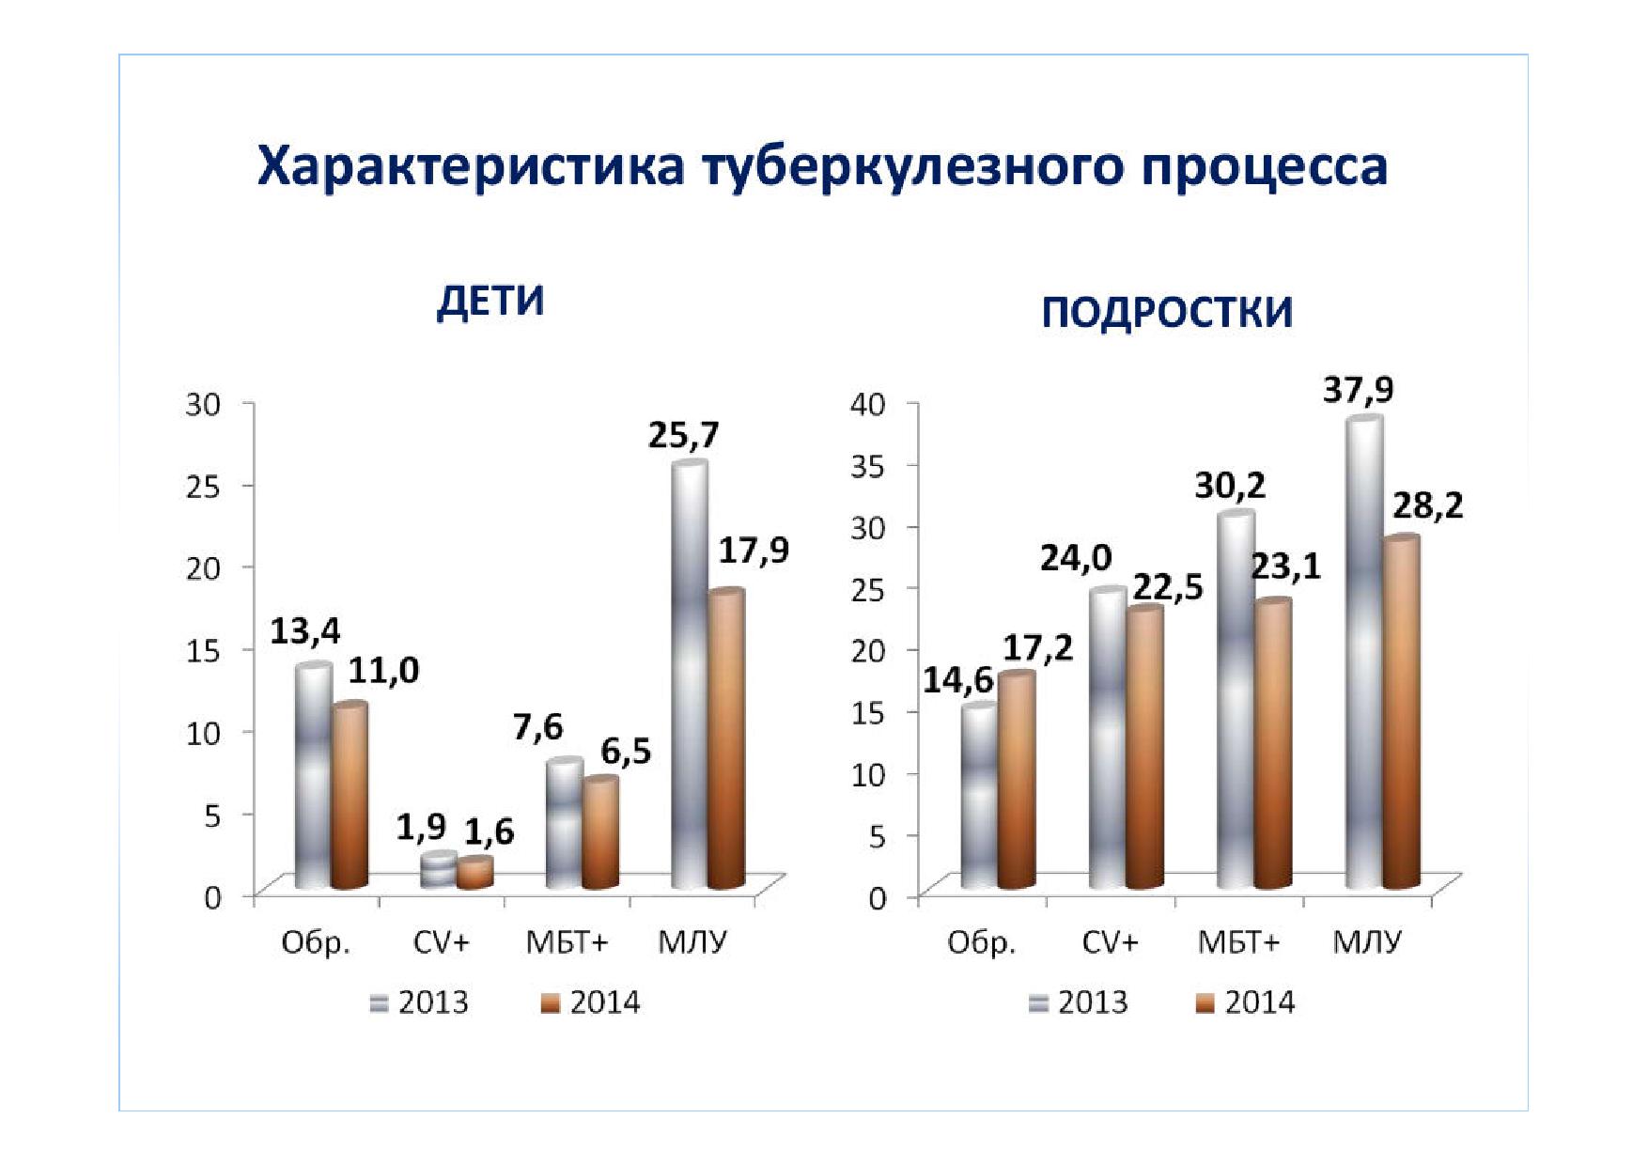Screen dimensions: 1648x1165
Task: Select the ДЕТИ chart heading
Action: [x=490, y=302]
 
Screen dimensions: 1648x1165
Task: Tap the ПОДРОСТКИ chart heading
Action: [x=1167, y=312]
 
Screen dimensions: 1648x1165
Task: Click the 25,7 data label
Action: [x=684, y=435]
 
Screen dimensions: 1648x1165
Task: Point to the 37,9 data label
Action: [x=1359, y=389]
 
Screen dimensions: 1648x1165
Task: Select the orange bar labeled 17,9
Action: [x=726, y=739]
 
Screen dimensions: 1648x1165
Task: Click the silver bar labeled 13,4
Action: [x=314, y=775]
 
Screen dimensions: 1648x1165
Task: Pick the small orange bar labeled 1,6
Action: [x=474, y=873]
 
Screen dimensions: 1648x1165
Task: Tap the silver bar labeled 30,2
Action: [x=1236, y=701]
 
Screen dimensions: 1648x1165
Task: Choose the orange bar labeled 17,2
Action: [x=1017, y=781]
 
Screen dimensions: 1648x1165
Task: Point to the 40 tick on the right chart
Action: [x=868, y=404]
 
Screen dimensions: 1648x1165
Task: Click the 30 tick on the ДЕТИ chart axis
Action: [x=203, y=404]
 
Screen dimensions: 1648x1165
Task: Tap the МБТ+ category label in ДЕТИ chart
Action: [x=567, y=942]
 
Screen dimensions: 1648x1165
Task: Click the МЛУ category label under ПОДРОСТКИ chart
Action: [x=1367, y=942]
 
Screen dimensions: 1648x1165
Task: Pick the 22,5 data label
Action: [x=1168, y=587]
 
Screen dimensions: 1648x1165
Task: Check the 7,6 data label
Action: [x=537, y=727]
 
